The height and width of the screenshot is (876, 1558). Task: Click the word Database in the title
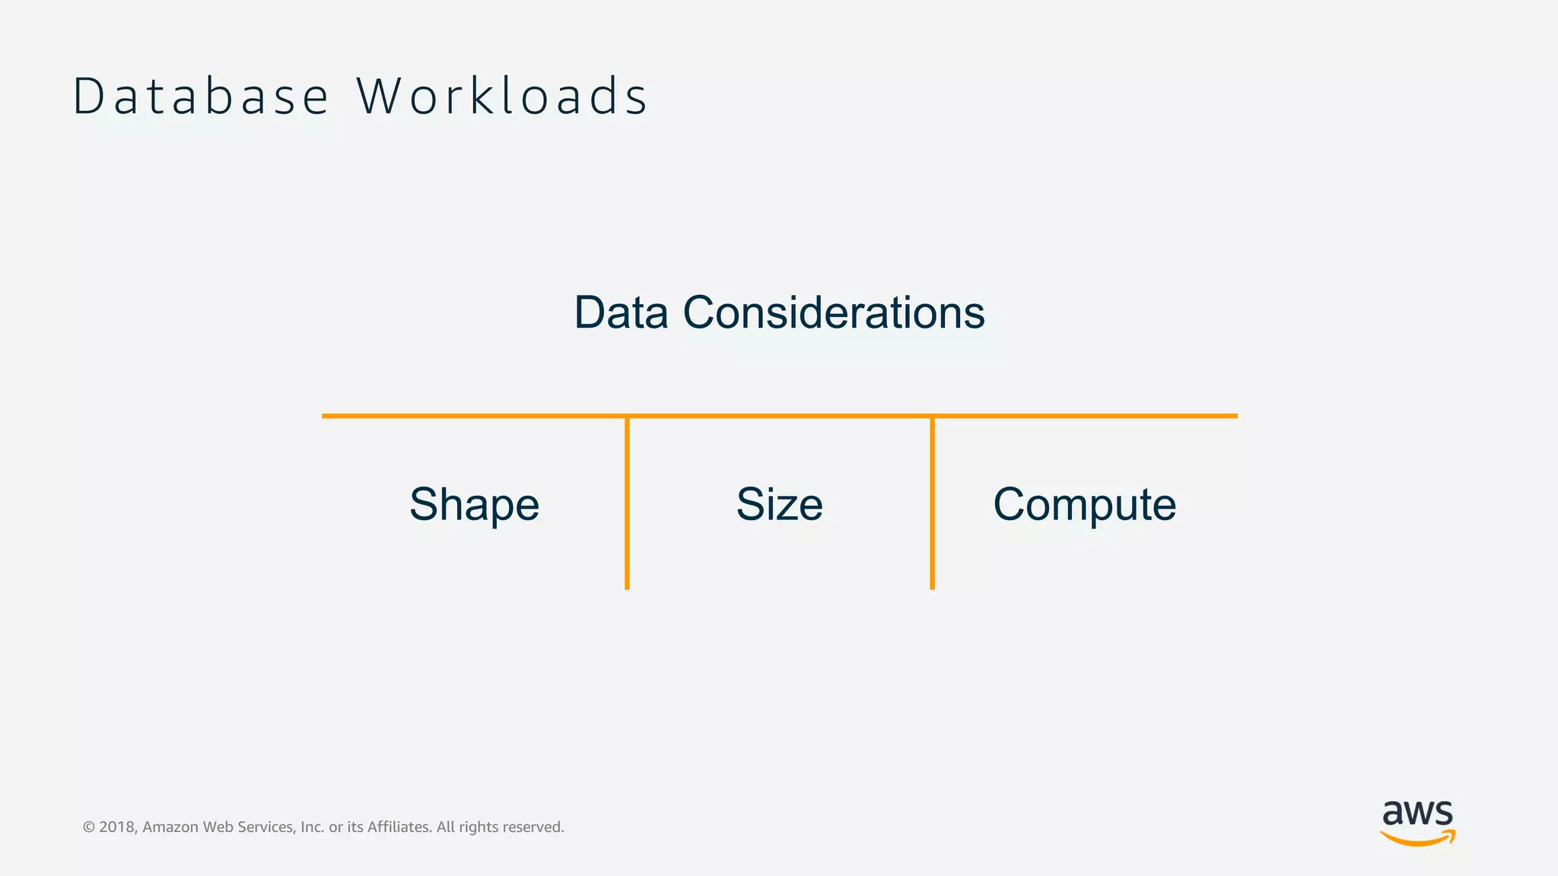click(201, 97)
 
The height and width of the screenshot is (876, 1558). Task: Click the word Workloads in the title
click(502, 97)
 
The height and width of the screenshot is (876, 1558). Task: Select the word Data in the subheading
click(621, 313)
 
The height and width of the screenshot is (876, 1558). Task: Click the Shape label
click(474, 505)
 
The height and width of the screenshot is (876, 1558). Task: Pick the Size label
click(779, 504)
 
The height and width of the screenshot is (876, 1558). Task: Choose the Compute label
click(1084, 505)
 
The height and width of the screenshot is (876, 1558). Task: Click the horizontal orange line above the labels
click(779, 416)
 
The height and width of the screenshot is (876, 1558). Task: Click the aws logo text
click(1417, 814)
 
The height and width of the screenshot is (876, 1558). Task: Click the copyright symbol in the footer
click(88, 827)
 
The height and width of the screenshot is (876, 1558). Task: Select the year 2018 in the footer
click(117, 827)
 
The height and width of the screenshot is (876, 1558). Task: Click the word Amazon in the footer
click(170, 827)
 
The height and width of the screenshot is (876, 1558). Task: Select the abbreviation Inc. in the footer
click(312, 827)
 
